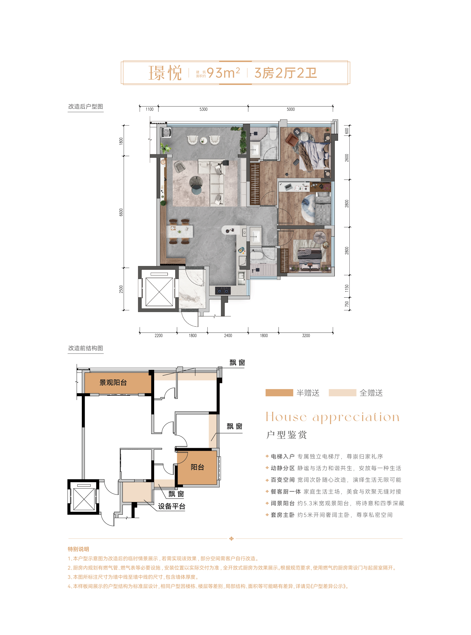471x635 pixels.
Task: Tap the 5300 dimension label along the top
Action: (x=203, y=109)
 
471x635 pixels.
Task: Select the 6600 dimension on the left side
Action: (x=121, y=212)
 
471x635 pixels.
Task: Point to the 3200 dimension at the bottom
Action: (x=306, y=336)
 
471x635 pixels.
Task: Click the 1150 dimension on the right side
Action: (x=347, y=288)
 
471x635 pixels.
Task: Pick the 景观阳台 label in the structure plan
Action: (x=113, y=383)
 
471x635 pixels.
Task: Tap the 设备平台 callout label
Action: (x=172, y=506)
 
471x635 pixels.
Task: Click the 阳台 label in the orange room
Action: (x=197, y=467)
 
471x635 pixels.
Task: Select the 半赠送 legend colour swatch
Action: (x=279, y=393)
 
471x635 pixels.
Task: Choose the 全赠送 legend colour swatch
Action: (x=342, y=393)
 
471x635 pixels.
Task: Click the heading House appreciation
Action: (x=333, y=417)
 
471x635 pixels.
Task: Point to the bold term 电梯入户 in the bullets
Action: (x=282, y=456)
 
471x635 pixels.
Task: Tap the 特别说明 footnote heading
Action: (x=78, y=549)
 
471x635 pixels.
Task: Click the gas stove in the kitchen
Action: (x=223, y=291)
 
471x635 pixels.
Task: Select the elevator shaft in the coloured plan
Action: (x=159, y=289)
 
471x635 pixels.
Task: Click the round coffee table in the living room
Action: (x=196, y=181)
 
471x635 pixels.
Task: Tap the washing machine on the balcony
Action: (x=166, y=133)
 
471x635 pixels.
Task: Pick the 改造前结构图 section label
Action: (x=85, y=348)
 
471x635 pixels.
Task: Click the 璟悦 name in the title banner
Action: (x=165, y=73)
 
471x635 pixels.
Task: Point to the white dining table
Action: (x=180, y=232)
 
